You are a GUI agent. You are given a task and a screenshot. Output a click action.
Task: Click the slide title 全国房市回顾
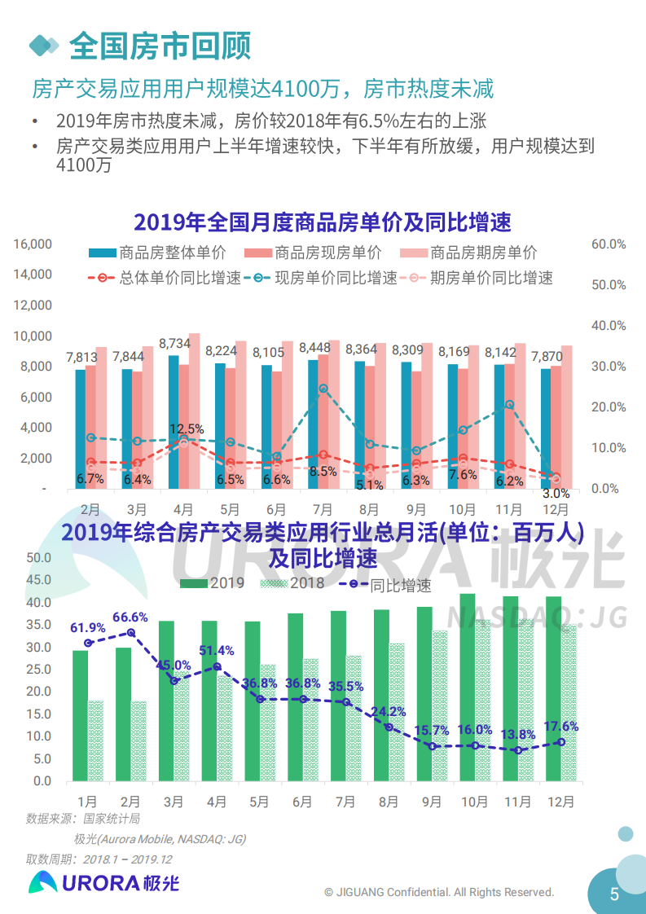click(x=160, y=45)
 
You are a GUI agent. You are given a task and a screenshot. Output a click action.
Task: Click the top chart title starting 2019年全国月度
click(x=323, y=222)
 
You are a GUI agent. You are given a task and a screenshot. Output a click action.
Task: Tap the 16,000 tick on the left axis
click(x=33, y=244)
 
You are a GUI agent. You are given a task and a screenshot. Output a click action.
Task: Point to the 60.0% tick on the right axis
click(x=609, y=244)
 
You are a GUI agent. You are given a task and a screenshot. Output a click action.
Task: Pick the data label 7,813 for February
click(x=81, y=357)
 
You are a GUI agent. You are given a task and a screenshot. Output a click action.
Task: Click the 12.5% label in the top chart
click(x=187, y=429)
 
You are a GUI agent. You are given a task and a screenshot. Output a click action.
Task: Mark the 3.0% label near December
click(x=556, y=494)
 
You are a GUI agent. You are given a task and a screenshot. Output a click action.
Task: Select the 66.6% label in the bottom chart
click(x=130, y=617)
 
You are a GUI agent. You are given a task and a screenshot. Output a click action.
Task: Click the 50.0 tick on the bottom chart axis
click(x=38, y=558)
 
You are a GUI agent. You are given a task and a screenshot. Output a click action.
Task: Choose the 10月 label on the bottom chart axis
click(x=474, y=802)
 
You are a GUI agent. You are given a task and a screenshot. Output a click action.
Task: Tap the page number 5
click(x=615, y=894)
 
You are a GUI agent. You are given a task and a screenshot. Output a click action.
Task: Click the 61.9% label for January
click(x=87, y=628)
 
